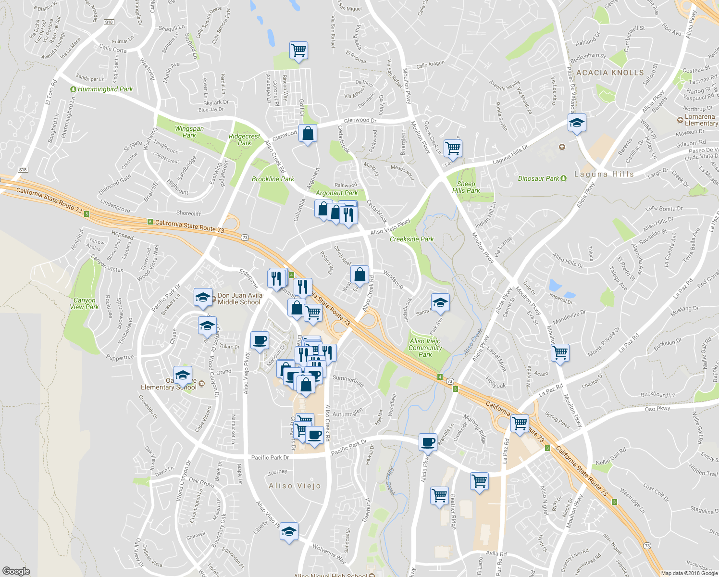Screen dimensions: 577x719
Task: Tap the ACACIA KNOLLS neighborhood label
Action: tap(610, 73)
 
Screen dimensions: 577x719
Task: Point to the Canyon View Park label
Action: tap(84, 303)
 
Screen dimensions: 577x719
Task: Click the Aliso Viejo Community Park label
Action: tap(425, 348)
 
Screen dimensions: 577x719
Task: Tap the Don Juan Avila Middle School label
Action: tap(239, 299)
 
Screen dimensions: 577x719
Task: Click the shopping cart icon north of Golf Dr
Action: tap(298, 50)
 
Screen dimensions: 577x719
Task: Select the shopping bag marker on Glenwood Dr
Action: tap(308, 134)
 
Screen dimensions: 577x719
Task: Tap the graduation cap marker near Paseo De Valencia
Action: tap(577, 123)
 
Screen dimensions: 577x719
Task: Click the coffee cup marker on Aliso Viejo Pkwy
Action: tap(260, 340)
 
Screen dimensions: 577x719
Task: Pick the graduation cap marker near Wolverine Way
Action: tap(288, 531)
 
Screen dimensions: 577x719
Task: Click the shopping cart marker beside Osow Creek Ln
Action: tap(453, 148)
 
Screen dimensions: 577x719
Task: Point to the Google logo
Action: tap(16, 571)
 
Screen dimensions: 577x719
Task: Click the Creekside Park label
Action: tap(411, 239)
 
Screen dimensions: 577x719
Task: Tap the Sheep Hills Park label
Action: tap(466, 187)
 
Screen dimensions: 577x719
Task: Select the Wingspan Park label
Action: tap(189, 132)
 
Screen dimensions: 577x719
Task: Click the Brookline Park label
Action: tap(273, 179)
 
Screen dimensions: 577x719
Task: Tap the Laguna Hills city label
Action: tap(604, 174)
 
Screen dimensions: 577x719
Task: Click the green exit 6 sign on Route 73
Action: tap(150, 222)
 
